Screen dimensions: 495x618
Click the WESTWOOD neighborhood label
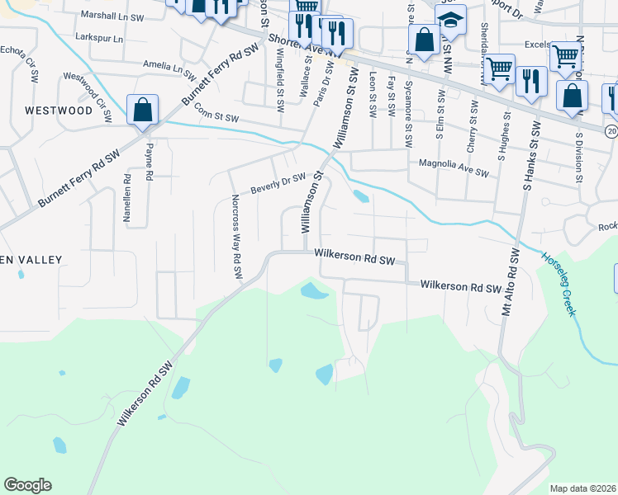click(x=59, y=110)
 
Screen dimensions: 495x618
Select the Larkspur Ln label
click(x=98, y=39)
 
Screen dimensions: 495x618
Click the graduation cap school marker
click(x=450, y=20)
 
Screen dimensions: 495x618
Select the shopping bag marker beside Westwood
click(x=142, y=110)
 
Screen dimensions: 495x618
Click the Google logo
click(x=28, y=484)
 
